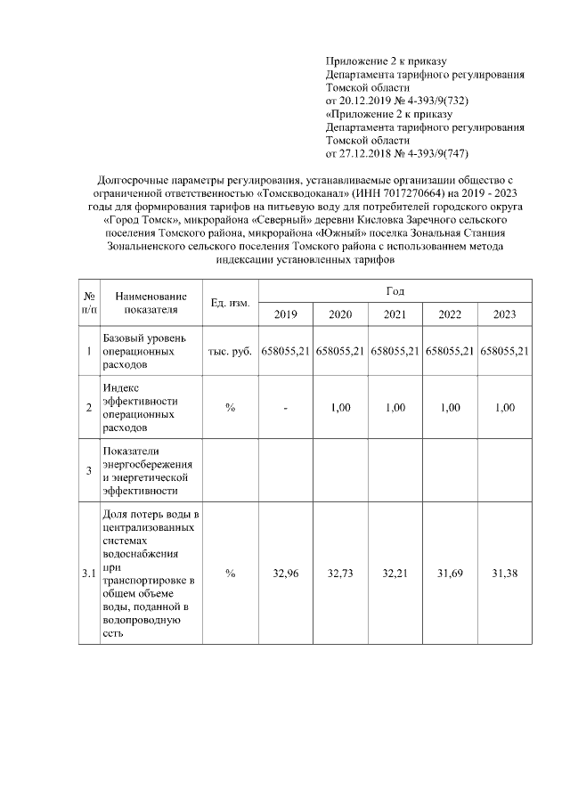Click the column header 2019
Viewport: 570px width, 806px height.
[285, 314]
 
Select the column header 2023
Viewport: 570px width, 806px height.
[504, 314]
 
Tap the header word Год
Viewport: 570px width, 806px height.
[395, 291]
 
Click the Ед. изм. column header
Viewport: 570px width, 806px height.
[230, 303]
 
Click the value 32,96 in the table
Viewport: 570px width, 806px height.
[285, 574]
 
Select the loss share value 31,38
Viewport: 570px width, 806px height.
[504, 574]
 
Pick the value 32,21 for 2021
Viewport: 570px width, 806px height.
[395, 574]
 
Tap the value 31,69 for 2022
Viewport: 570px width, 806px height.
[450, 574]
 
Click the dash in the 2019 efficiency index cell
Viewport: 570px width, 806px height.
[285, 408]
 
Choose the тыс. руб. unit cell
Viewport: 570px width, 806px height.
[230, 352]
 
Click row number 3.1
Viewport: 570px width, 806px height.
[88, 574]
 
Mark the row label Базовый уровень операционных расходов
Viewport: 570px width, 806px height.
[143, 352]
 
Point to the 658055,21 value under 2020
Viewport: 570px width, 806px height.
[340, 352]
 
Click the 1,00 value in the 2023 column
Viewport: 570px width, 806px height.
[504, 408]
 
